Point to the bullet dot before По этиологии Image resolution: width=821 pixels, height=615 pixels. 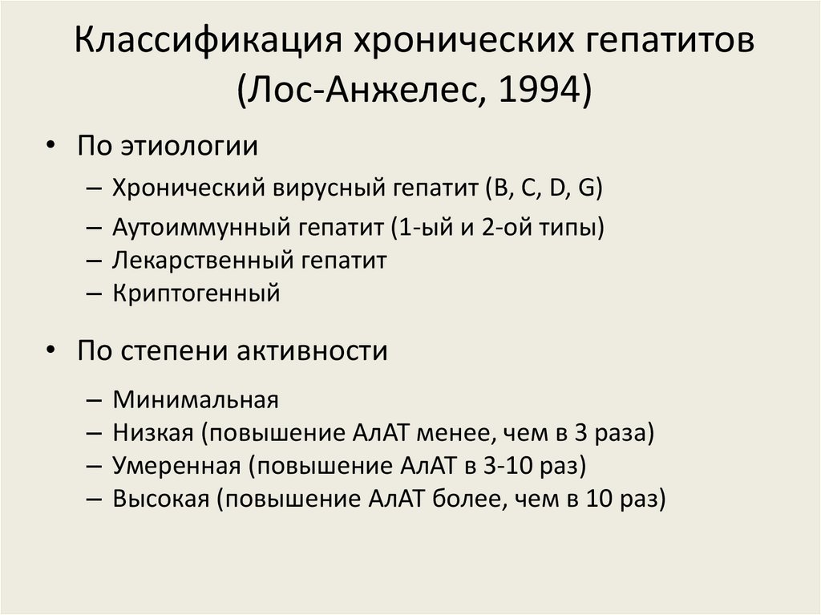click(x=51, y=146)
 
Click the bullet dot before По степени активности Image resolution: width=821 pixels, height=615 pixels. click(x=51, y=351)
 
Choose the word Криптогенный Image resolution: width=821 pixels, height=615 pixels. click(x=196, y=293)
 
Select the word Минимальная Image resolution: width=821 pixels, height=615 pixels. click(x=195, y=399)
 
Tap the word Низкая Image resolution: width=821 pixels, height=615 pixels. click(x=153, y=433)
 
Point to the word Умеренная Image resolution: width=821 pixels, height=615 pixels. click(x=176, y=466)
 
